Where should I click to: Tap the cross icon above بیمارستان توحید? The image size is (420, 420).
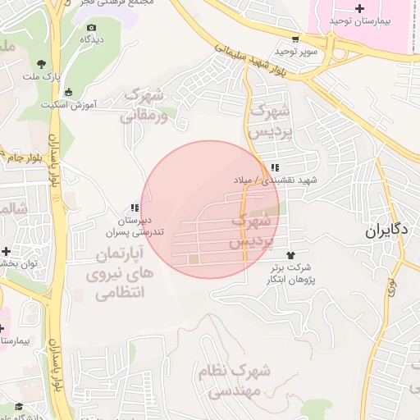359,7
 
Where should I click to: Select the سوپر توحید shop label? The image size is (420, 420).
295,51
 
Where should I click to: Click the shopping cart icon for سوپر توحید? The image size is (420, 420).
295,39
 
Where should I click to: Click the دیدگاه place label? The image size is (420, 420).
89,39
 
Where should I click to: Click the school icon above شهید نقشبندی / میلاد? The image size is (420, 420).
274,167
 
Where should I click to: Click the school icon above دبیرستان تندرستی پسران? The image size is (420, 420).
134,208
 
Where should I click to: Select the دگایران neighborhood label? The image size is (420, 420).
387,231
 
